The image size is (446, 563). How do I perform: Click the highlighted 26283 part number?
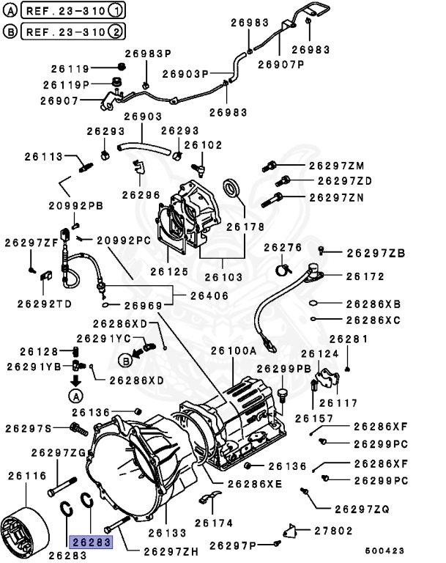90,542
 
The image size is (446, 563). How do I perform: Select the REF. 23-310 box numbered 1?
73,10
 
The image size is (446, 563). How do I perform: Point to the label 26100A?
234,351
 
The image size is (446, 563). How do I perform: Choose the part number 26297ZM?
336,166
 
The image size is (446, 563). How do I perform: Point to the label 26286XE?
254,485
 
